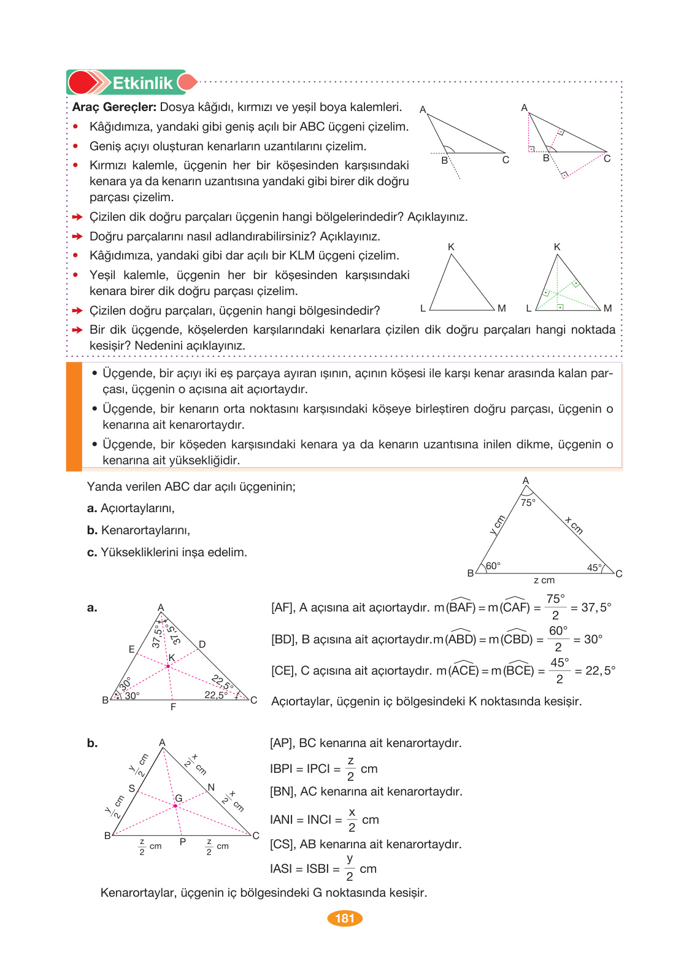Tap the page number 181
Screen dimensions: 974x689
[x=345, y=918]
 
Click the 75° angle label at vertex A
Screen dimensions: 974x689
[x=528, y=502]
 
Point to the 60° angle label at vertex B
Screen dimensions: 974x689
[x=493, y=566]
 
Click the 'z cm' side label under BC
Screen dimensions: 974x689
[x=544, y=580]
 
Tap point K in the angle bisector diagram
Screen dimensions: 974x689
[x=171, y=658]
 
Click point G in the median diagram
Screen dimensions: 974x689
[x=179, y=798]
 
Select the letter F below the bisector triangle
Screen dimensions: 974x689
[x=173, y=707]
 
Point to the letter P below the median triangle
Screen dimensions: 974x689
[x=182, y=842]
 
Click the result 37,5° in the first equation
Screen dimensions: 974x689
[x=596, y=607]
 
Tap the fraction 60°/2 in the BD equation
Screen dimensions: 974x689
[x=558, y=638]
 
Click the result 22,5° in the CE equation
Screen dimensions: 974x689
[x=599, y=670]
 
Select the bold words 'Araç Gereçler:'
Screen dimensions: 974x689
[x=114, y=107]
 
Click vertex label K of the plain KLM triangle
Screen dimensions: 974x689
[x=451, y=247]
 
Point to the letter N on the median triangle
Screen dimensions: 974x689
[x=211, y=787]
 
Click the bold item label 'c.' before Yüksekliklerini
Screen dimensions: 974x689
[x=92, y=553]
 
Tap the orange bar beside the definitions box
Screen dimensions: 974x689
[x=74, y=416]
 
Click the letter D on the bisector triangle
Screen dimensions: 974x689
[x=202, y=645]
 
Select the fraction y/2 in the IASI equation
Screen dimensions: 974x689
[x=349, y=868]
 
